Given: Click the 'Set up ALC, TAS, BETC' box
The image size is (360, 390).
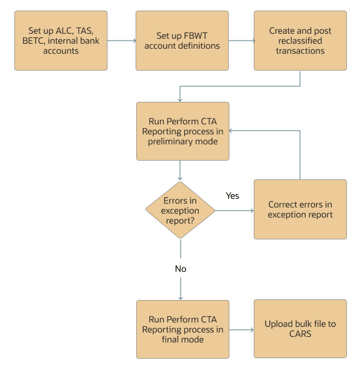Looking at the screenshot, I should (61, 41).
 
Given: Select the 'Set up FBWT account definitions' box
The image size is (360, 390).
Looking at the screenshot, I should (182, 41).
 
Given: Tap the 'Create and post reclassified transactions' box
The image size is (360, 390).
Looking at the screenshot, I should (300, 41).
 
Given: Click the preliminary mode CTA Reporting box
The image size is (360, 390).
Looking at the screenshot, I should (182, 131).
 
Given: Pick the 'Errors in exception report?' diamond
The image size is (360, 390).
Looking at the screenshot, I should (180, 211).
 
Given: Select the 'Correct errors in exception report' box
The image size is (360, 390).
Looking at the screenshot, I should (300, 209).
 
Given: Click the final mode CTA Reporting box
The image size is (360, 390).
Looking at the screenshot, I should (182, 329).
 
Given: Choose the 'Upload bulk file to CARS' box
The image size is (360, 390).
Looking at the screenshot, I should (300, 329).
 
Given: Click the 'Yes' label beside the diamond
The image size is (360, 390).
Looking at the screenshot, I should (232, 196).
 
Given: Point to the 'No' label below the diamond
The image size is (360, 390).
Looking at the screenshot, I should (180, 269).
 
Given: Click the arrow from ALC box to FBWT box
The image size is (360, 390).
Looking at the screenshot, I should (121, 41).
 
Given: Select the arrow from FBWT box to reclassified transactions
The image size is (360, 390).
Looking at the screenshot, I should (241, 41).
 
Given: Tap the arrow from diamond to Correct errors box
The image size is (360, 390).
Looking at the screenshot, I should (234, 211).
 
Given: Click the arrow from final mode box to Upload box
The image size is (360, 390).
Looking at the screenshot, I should (241, 329).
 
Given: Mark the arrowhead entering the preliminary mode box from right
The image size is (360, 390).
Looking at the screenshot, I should (231, 131).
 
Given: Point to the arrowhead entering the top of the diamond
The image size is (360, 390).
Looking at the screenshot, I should (180, 178).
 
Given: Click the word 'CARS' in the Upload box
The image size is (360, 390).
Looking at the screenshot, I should (300, 334).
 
